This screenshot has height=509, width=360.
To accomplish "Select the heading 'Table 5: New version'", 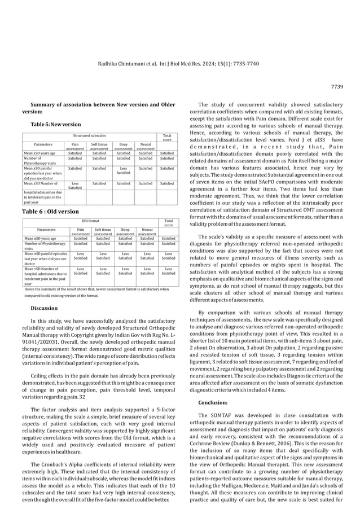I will pos(55,124).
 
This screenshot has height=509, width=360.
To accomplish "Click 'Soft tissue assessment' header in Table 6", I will pos(103,232).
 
